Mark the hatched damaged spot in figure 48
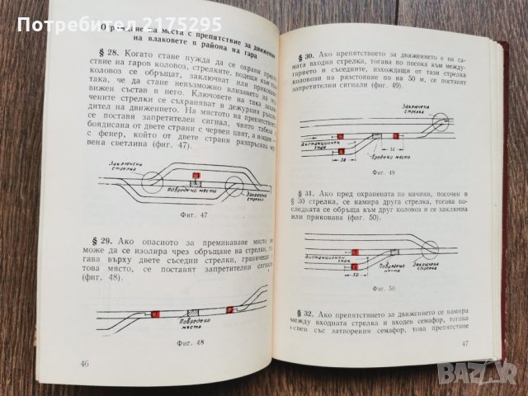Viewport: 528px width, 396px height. (x=191, y=313)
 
